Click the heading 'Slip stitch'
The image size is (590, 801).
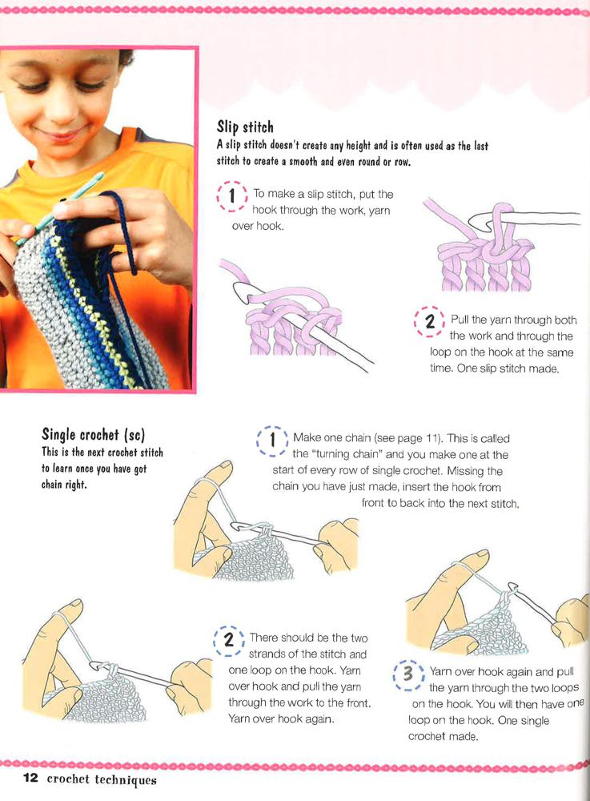click(245, 127)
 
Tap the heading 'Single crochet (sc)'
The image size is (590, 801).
click(94, 435)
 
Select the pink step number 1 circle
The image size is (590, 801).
click(232, 196)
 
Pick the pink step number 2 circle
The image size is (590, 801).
click(430, 322)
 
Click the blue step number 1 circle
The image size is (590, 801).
click(272, 441)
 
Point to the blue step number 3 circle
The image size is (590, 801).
click(407, 674)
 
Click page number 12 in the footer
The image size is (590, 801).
click(30, 778)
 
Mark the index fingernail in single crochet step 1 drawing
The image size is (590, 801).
click(223, 466)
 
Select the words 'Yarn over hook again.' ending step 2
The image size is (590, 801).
click(281, 719)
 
